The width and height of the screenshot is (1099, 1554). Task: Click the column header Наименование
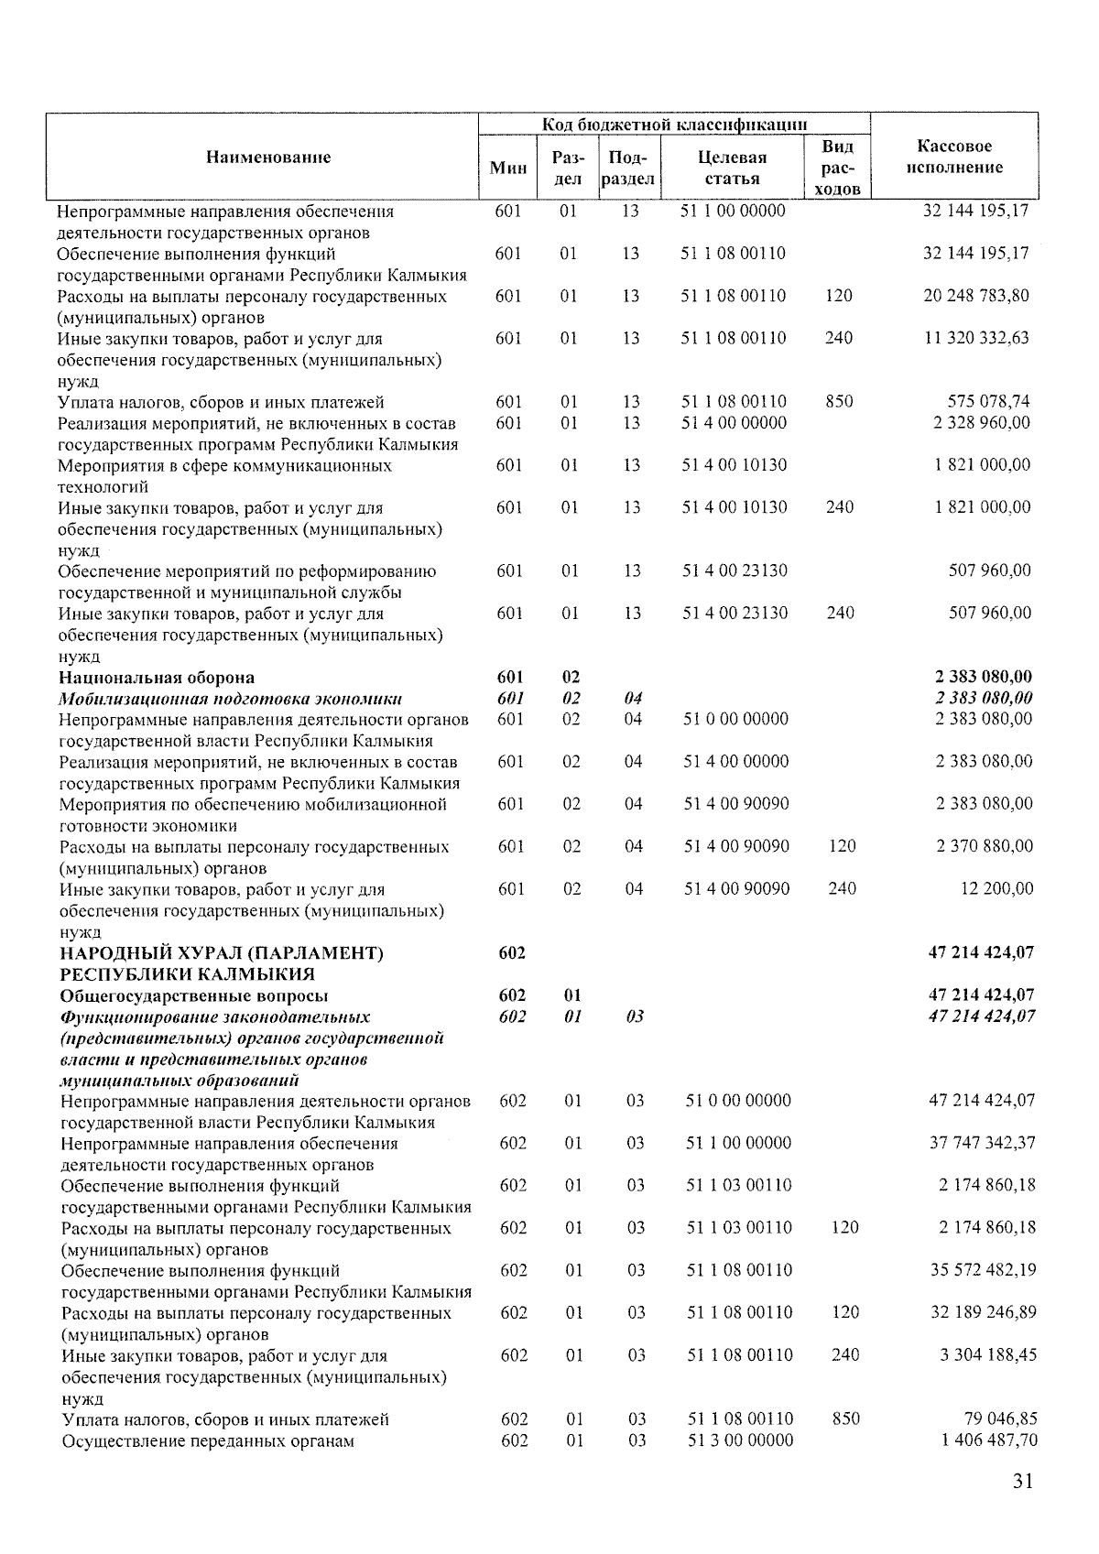pos(267,157)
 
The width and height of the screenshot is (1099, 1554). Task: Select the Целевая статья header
pos(732,168)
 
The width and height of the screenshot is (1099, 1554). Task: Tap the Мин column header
pos(508,168)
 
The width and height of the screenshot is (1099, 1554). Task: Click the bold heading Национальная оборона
pos(157,678)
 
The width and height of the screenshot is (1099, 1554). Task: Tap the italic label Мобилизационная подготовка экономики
pos(230,699)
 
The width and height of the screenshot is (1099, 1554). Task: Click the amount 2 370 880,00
pos(984,846)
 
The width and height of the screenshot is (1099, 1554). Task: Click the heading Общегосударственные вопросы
pos(194,995)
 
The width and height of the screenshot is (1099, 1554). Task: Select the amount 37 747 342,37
pos(982,1143)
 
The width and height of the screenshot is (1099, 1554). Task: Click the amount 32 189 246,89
pos(983,1312)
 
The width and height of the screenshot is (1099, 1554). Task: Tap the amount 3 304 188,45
pos(987,1354)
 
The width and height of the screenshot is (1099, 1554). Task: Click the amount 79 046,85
pos(1000,1418)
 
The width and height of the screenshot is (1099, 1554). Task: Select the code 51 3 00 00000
pos(740,1440)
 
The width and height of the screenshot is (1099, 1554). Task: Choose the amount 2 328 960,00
pos(982,422)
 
